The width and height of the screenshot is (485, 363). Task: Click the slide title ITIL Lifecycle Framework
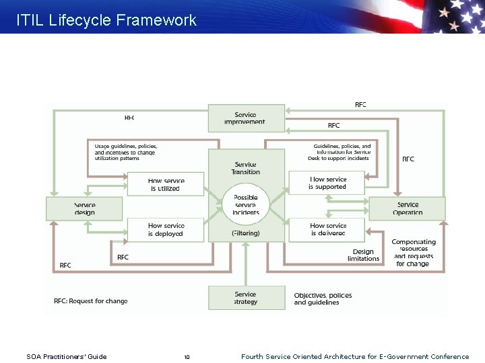pyautogui.click(x=106, y=20)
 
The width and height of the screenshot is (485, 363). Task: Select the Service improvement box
pyautogui.click(x=246, y=118)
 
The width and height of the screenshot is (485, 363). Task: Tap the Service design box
pyautogui.click(x=84, y=208)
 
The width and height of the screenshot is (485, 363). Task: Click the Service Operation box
pyautogui.click(x=407, y=208)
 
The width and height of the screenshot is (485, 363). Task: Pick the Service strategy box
pyautogui.click(x=246, y=298)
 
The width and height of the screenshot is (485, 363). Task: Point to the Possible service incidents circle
pyautogui.click(x=246, y=205)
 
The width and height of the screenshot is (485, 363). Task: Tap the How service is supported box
pyautogui.click(x=327, y=183)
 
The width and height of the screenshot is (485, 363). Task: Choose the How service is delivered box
pyautogui.click(x=327, y=230)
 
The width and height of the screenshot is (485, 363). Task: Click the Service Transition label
pyautogui.click(x=246, y=168)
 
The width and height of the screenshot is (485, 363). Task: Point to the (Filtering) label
pyautogui.click(x=246, y=233)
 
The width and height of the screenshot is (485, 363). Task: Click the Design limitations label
pyautogui.click(x=364, y=255)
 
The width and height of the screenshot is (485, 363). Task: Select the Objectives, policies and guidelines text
pyautogui.click(x=323, y=298)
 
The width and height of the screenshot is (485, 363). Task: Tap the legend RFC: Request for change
pyautogui.click(x=91, y=301)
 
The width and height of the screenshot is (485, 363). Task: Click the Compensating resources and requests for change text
pyautogui.click(x=414, y=253)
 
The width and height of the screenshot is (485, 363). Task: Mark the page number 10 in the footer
pyautogui.click(x=187, y=357)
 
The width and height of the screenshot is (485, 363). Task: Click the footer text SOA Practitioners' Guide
pyautogui.click(x=66, y=357)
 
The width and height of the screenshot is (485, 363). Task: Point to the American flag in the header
pyautogui.click(x=451, y=16)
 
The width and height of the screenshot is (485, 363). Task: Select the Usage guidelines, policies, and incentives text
pyautogui.click(x=126, y=152)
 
